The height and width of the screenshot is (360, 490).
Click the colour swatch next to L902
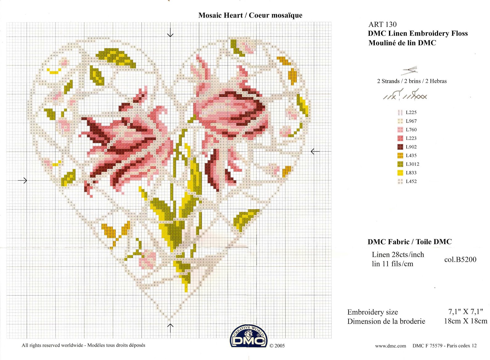(400, 147)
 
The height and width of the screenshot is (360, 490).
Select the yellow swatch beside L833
(400, 173)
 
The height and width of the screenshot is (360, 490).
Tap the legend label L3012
(412, 164)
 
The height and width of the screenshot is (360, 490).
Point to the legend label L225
(411, 112)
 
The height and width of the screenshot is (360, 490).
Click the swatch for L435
(400, 156)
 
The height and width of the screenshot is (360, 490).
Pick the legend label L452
(411, 181)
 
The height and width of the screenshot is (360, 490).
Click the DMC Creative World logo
(249, 337)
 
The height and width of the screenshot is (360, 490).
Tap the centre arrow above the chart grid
(170, 32)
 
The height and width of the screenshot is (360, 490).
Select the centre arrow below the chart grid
(170, 328)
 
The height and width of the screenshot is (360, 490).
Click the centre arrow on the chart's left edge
(22, 180)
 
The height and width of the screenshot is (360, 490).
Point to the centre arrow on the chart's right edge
(315, 151)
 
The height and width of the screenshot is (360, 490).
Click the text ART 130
(382, 24)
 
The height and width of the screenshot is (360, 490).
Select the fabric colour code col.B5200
(460, 260)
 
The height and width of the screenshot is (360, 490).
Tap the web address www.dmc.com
(390, 346)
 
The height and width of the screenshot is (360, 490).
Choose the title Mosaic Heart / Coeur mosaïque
(250, 15)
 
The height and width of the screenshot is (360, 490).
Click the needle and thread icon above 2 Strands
(410, 71)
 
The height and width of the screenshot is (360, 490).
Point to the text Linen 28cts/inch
(398, 255)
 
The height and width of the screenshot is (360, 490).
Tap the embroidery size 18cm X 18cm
(465, 321)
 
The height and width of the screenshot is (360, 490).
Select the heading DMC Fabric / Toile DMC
(409, 242)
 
